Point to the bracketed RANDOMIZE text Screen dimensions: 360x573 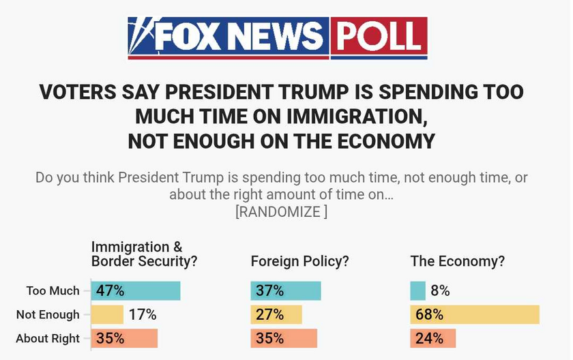[281, 211]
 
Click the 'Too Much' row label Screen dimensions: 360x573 [53, 291]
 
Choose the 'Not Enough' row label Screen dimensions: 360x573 [48, 315]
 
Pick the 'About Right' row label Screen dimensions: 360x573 [48, 338]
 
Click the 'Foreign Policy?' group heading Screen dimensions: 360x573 [300, 261]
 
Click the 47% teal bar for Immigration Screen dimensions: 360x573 [136, 291]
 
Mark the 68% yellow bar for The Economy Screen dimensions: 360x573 [475, 315]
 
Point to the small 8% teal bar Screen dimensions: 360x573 [418, 291]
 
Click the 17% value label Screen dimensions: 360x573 [143, 315]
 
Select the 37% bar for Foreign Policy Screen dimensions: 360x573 [286, 291]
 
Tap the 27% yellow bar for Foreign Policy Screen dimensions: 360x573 [276, 315]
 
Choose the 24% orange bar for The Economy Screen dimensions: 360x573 [433, 338]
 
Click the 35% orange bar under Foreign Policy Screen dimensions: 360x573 [284, 338]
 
